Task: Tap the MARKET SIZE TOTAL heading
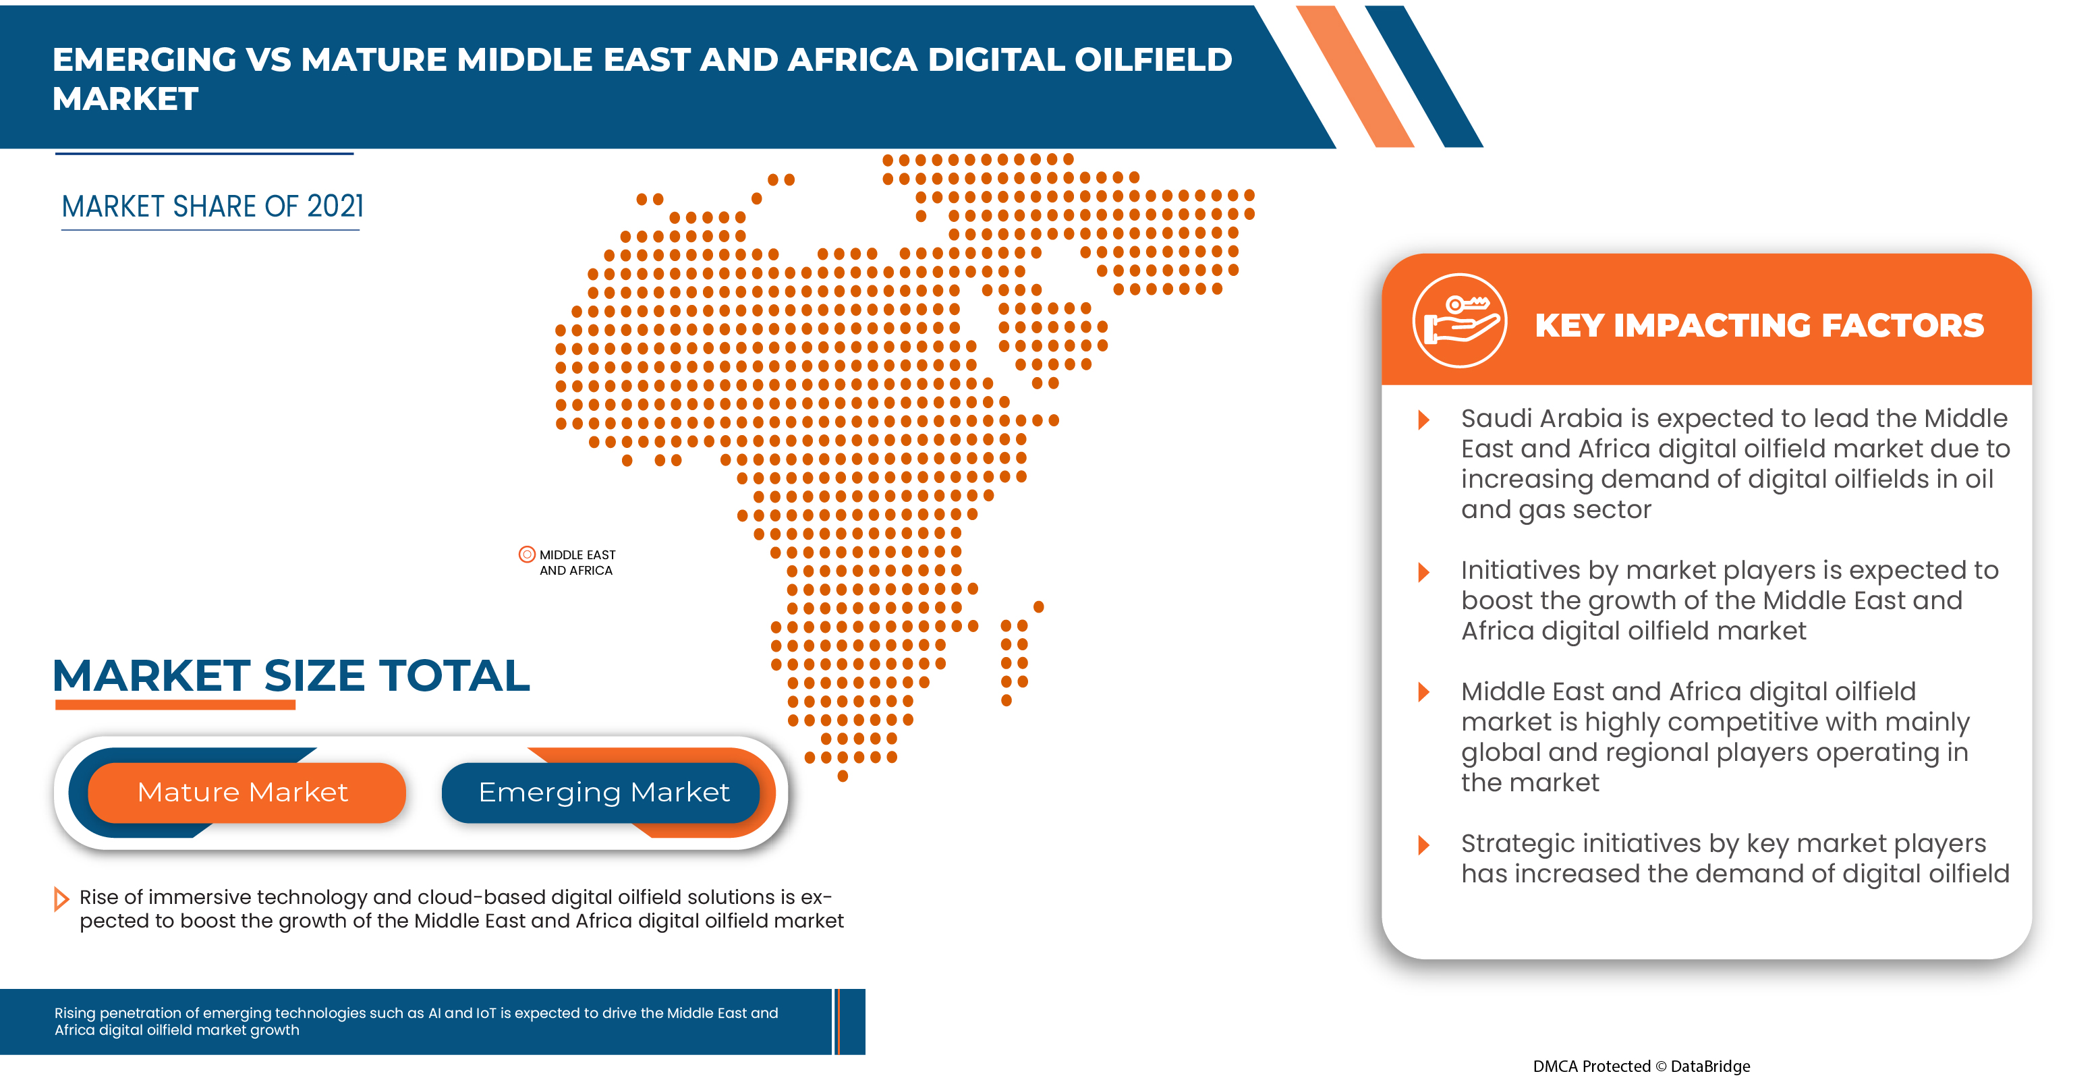pos(291,675)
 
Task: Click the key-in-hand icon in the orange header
pos(1458,321)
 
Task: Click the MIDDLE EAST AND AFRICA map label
pos(577,562)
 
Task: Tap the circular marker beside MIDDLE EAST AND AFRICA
pos(527,555)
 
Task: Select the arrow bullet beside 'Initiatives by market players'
pos(1423,572)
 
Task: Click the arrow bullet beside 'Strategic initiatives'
pos(1423,845)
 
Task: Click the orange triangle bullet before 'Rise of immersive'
pos(60,899)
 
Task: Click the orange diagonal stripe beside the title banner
pos(1355,78)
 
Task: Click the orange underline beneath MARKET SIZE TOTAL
pos(175,706)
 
